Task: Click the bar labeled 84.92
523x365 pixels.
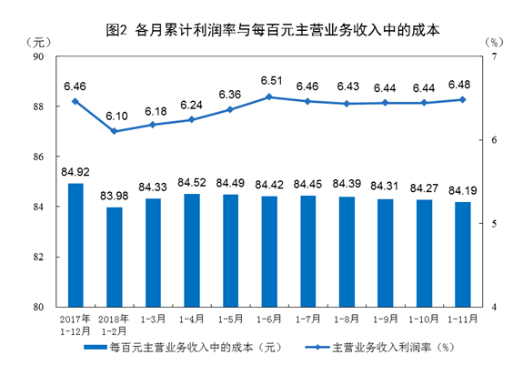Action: pos(75,245)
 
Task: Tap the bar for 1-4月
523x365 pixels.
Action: pos(192,250)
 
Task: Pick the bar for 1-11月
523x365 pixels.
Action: pos(463,254)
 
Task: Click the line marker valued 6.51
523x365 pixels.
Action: pos(269,96)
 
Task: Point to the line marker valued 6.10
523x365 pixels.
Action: pos(115,131)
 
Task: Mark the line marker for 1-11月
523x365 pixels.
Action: pos(463,100)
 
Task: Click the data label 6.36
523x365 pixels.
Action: pos(231,95)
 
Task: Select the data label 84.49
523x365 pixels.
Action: pos(231,181)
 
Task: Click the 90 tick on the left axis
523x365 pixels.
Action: pos(39,56)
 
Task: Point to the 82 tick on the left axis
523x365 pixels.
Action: pos(39,258)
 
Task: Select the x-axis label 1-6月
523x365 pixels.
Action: pos(269,320)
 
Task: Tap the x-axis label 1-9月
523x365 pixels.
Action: pos(386,320)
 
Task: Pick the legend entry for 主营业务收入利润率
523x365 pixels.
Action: pos(386,347)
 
